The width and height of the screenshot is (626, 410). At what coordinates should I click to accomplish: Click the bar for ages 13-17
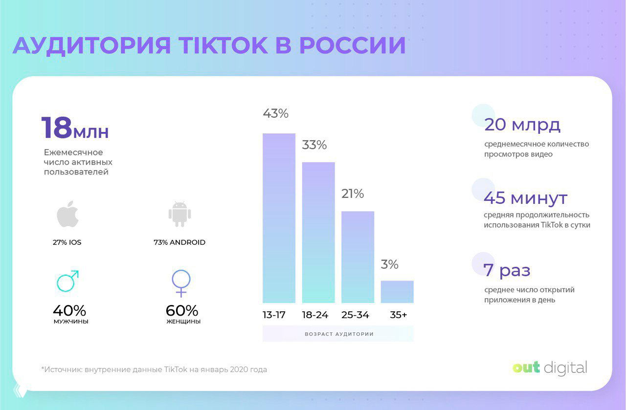279,218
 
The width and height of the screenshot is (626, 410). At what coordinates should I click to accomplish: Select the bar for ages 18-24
318,233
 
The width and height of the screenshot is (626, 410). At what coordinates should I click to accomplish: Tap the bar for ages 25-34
358,257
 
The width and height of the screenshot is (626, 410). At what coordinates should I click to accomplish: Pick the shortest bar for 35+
397,292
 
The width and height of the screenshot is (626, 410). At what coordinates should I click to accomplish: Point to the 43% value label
275,113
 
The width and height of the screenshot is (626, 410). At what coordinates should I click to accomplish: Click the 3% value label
390,265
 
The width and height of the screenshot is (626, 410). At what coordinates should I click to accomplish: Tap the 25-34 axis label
355,315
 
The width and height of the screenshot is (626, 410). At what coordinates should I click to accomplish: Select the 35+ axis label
399,315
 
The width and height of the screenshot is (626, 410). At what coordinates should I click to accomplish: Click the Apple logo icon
67,214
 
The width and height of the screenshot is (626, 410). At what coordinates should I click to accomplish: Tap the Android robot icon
179,214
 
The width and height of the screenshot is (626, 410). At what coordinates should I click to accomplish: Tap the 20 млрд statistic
522,125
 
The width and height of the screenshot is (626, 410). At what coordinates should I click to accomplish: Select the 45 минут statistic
526,198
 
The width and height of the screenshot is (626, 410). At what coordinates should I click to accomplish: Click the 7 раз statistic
507,270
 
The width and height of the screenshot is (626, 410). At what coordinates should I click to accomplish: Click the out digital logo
550,367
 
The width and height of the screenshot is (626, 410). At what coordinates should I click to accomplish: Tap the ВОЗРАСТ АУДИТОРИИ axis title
339,334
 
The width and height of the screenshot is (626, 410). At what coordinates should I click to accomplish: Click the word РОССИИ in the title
352,45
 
